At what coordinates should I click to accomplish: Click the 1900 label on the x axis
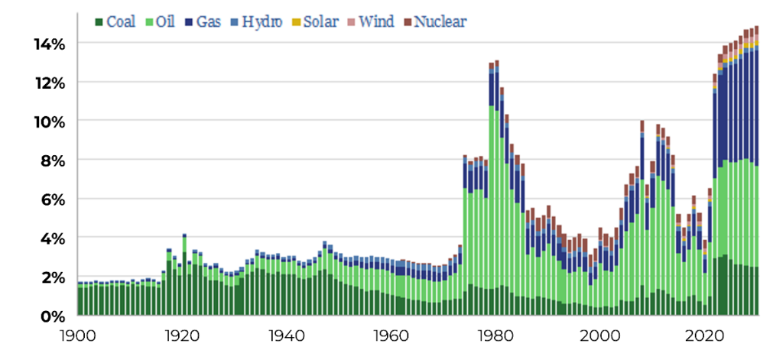click(x=77, y=334)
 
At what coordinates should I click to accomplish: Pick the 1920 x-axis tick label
click(x=182, y=334)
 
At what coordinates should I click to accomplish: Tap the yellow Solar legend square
click(x=297, y=22)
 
